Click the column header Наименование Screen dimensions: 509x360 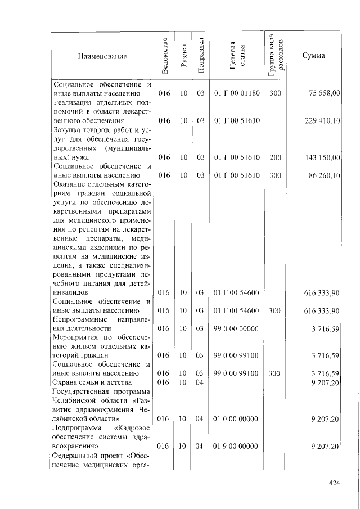[102, 56]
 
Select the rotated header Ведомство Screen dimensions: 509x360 [164, 56]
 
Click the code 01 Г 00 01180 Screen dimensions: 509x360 [237, 93]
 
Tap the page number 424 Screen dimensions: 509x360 [336, 482]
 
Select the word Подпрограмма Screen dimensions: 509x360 [75, 428]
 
